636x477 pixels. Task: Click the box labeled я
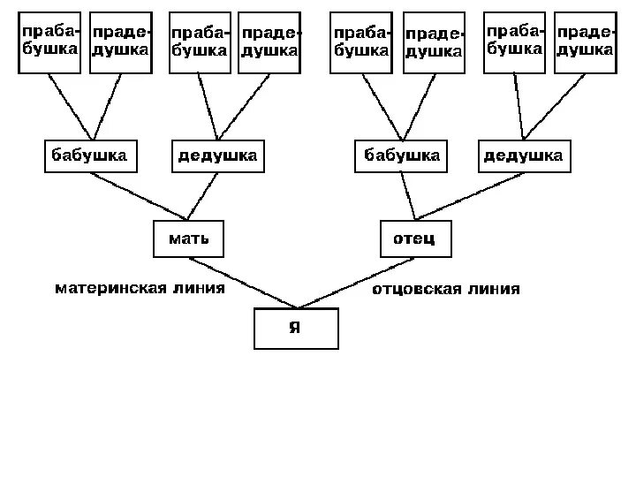pyautogui.click(x=295, y=328)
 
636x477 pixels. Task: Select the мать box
pyautogui.click(x=189, y=238)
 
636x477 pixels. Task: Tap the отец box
pyautogui.click(x=415, y=238)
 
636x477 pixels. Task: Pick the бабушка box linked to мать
pyautogui.click(x=88, y=156)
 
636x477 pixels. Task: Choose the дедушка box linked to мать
pyautogui.click(x=217, y=156)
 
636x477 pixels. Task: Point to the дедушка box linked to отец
pyautogui.click(x=522, y=156)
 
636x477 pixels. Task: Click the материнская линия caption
pyautogui.click(x=140, y=288)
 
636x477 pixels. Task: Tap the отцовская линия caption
pyautogui.click(x=446, y=289)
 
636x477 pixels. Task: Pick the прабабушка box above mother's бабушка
pyautogui.click(x=50, y=42)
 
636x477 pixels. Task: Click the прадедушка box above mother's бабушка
pyautogui.click(x=120, y=42)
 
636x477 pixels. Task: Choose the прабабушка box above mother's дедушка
pyautogui.click(x=200, y=42)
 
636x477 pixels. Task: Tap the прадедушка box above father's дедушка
pyautogui.click(x=584, y=42)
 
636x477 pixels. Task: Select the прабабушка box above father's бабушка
pyautogui.click(x=360, y=42)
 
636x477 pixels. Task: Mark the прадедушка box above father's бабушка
pyautogui.click(x=433, y=42)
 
